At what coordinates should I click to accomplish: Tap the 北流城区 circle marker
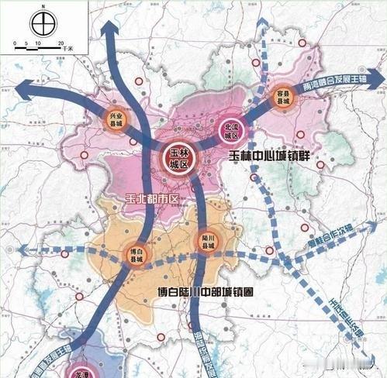click(230, 129)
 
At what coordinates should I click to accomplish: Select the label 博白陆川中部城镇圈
click(206, 294)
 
